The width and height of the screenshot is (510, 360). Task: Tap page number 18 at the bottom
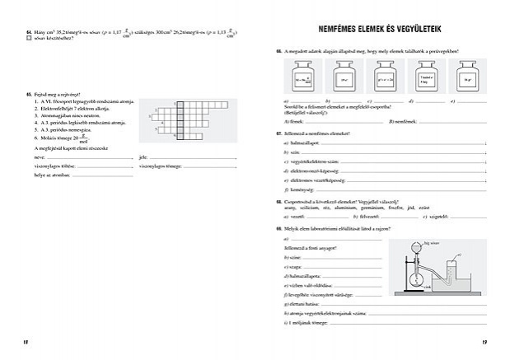(26, 341)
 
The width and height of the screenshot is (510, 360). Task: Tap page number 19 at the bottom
(484, 341)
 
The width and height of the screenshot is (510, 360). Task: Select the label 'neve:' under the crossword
(39, 157)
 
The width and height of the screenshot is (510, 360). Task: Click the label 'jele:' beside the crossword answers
(143, 157)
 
